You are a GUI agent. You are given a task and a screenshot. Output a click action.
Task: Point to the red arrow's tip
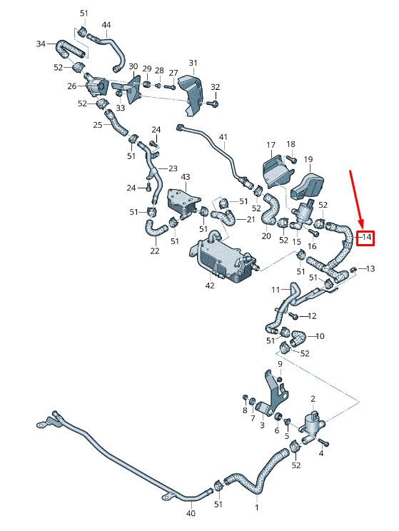pos(362,228)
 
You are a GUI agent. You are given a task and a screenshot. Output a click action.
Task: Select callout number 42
pos(210,285)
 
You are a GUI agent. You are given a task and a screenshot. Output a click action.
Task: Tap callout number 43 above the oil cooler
pos(186,177)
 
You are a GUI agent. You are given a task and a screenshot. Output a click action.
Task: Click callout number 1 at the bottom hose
pos(257,507)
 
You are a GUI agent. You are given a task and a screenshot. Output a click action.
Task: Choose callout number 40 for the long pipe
pos(191,513)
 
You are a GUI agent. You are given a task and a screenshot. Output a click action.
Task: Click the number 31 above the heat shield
pos(193,63)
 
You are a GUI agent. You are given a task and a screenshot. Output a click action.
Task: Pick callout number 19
pos(308,159)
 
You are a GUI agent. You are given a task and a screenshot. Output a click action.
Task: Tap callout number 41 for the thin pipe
pos(223,137)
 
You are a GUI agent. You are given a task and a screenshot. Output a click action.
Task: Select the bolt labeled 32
pos(214,103)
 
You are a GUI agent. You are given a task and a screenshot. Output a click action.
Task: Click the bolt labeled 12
pos(294,316)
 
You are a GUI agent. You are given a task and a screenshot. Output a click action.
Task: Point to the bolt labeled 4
pos(324,442)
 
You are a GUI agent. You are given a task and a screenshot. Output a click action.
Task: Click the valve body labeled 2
pos(313,422)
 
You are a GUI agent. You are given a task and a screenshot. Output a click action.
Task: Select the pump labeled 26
pos(96,86)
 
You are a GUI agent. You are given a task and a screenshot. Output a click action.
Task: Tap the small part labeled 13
pos(353,269)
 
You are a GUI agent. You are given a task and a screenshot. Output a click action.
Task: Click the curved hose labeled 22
pos(155,228)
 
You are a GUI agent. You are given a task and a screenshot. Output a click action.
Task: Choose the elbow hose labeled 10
pos(298,338)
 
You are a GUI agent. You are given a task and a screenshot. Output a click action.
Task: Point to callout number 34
pos(41,44)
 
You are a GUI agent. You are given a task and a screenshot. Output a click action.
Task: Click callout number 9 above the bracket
pos(280,364)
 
